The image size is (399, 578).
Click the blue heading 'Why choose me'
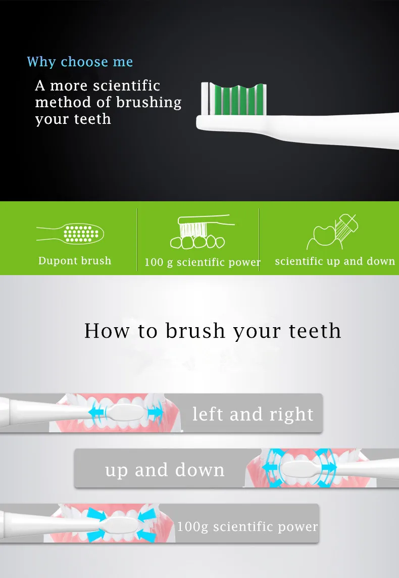[80, 62]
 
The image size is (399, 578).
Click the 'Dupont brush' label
[75, 260]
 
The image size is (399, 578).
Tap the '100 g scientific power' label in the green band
[203, 262]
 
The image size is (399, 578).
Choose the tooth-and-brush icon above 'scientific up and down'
[332, 232]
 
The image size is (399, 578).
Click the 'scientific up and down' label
[335, 261]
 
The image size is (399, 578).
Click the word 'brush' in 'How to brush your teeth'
[195, 330]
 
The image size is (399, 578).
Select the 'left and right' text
[253, 414]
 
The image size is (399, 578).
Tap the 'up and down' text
[165, 470]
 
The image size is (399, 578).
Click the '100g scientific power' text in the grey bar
[247, 526]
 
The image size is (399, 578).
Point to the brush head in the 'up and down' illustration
[300, 469]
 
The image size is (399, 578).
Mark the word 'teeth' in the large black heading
[315, 330]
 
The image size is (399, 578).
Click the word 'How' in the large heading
[107, 330]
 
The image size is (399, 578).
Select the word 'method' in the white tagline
[63, 102]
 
